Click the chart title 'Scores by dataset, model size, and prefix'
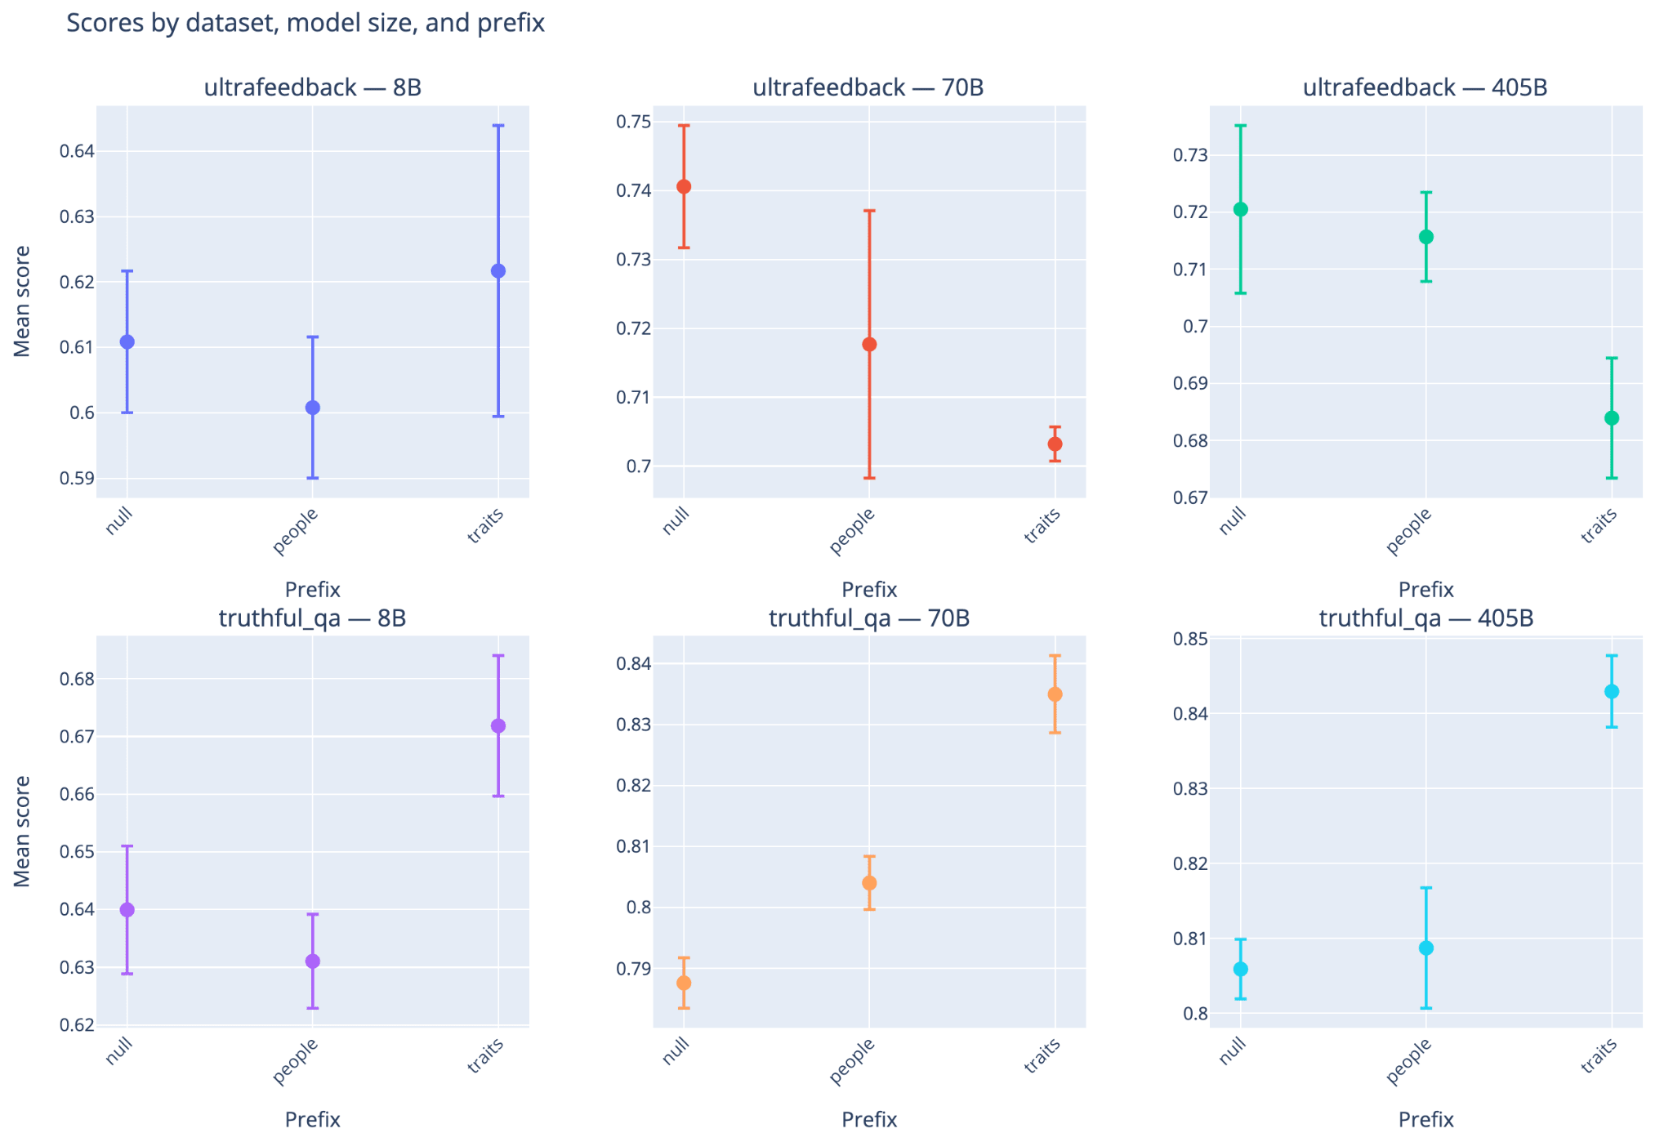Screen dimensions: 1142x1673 pos(305,23)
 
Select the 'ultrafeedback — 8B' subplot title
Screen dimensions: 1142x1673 pos(312,87)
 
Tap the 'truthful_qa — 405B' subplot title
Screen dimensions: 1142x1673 pos(1425,618)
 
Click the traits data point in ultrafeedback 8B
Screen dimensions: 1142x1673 pos(498,271)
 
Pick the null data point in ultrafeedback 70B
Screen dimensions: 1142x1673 pos(684,187)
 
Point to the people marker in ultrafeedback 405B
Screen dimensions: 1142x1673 pos(1426,237)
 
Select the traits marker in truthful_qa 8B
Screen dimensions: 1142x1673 pos(498,726)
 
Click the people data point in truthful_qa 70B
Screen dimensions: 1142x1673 pos(869,883)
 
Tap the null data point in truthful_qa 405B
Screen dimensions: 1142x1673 pos(1240,969)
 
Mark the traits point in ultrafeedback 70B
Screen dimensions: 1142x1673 pos(1055,444)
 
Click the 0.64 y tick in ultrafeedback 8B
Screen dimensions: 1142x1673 pos(77,152)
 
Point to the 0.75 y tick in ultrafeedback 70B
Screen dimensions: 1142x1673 pos(634,123)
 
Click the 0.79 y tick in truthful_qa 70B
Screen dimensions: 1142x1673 pos(634,970)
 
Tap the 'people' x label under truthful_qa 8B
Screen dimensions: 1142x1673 pos(295,1060)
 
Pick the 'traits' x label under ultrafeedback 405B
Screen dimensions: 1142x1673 pos(1599,525)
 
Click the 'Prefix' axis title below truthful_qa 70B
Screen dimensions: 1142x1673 pos(869,1119)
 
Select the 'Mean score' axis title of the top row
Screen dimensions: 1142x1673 pos(22,301)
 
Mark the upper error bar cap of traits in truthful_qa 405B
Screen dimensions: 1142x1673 pos(1612,656)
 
